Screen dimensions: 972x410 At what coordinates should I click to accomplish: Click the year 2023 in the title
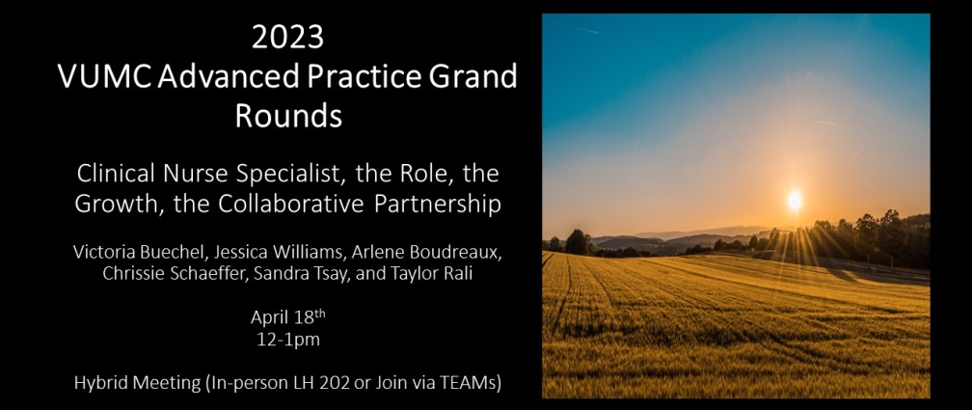click(x=287, y=38)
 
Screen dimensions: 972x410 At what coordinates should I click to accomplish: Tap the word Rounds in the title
click(x=288, y=116)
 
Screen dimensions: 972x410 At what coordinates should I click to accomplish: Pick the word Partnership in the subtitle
click(x=438, y=205)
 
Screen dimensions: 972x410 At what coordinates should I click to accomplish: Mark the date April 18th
click(x=287, y=317)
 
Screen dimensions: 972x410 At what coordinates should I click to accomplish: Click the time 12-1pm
click(x=287, y=340)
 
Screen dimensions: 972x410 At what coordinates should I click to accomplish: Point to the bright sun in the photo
click(x=795, y=201)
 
